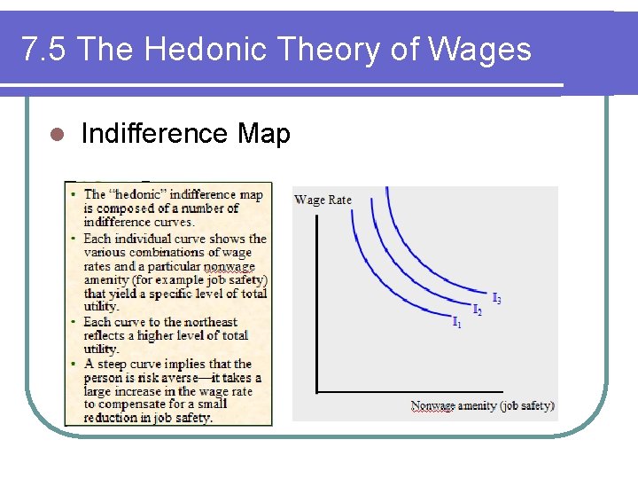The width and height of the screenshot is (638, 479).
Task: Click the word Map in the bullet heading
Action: pos(263,134)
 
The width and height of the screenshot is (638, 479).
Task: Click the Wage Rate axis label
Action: pos(323,200)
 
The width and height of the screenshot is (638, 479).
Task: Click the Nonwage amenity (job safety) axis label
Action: pos(482,406)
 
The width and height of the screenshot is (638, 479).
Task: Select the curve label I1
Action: pos(457,322)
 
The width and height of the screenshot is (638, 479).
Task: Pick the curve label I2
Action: pos(478,310)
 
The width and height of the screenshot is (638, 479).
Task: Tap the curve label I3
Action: pos(497,300)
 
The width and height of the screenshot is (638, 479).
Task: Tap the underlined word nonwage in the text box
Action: pos(229,266)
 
